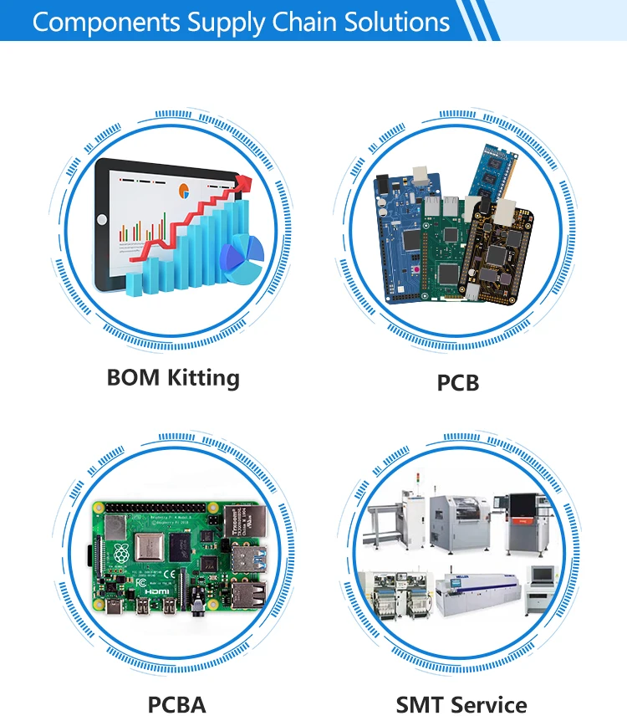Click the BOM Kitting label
tap(173, 377)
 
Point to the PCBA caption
tap(176, 704)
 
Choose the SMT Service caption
tap(461, 704)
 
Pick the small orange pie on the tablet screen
tap(183, 192)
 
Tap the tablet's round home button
tap(102, 220)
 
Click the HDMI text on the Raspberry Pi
tap(156, 591)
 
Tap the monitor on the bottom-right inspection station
tap(542, 575)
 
